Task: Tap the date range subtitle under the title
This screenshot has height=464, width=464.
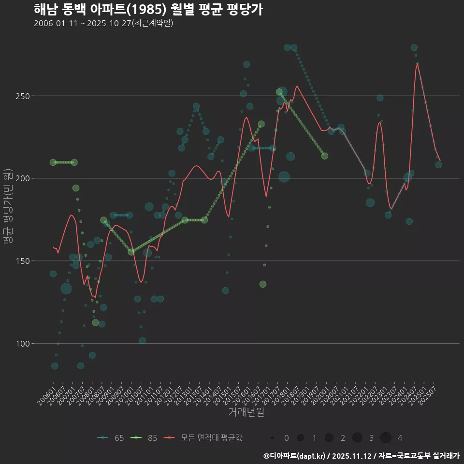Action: pos(103,23)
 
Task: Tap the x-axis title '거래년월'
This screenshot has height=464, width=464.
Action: pos(246,412)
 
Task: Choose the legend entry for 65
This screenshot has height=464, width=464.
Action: pos(111,438)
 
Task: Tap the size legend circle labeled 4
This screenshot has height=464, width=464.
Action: pos(385,438)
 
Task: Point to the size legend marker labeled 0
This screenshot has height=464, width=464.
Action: pos(273,438)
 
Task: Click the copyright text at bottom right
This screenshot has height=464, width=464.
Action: pos(361,455)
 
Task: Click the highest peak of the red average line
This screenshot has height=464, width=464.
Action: pos(417,63)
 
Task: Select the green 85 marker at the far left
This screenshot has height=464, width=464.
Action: pos(53,162)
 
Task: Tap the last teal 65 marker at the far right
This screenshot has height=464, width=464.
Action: pos(438,165)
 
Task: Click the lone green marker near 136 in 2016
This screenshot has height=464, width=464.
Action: pos(262,284)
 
